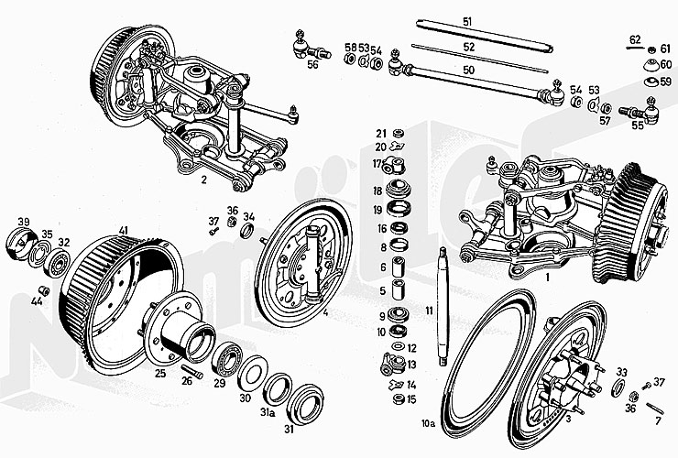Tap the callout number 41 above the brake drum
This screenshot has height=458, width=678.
pyautogui.click(x=123, y=229)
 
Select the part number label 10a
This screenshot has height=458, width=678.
pyautogui.click(x=427, y=423)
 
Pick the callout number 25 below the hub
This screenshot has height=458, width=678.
pyautogui.click(x=159, y=373)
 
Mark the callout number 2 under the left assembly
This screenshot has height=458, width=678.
pyautogui.click(x=202, y=180)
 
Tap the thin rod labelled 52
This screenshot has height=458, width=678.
pyautogui.click(x=476, y=55)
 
